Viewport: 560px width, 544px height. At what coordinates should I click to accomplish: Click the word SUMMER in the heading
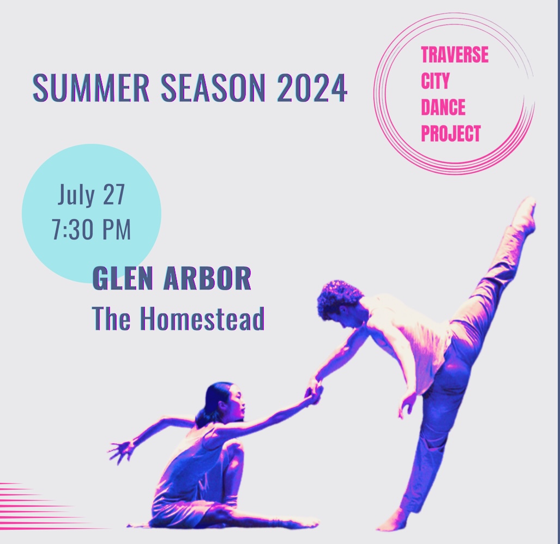[91, 88]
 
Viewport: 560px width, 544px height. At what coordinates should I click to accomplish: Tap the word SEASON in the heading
[213, 88]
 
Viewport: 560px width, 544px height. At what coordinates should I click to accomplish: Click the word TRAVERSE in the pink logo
[455, 55]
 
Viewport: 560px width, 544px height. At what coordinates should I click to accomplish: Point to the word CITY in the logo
[435, 81]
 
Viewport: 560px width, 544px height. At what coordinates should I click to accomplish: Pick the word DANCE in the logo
[443, 107]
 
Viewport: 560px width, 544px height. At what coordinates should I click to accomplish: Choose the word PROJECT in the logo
[451, 133]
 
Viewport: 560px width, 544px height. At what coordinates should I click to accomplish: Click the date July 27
[92, 195]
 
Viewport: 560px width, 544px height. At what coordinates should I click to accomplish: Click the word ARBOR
[208, 279]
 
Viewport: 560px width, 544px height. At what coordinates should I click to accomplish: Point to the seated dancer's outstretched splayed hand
[122, 450]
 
